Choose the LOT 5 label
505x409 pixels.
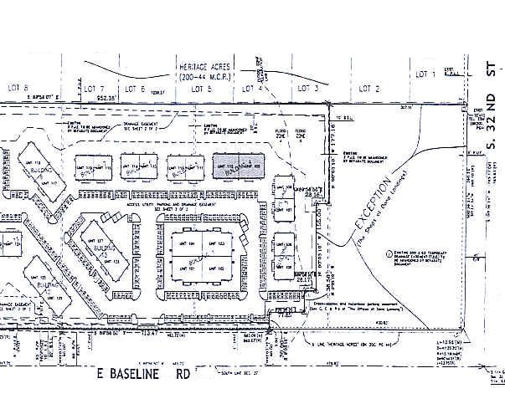201,88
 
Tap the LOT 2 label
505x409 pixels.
369,88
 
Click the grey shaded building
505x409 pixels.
238,166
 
